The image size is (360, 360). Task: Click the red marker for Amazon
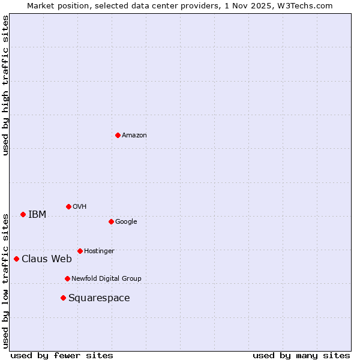[118, 135]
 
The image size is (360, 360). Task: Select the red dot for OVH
[68, 206]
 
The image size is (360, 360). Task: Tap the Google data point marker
[111, 221]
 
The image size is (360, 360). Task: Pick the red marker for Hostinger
[80, 251]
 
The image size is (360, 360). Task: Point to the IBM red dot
[23, 214]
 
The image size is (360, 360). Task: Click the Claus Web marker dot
[16, 259]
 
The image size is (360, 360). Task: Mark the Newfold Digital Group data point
[67, 278]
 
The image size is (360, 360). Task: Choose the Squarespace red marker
[63, 298]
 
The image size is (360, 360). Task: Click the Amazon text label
[134, 136]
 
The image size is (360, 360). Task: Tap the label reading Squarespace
[99, 298]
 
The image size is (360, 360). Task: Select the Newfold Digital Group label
[106, 278]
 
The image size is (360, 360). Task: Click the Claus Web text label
[47, 259]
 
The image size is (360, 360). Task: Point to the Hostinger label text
[99, 251]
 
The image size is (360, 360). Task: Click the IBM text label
[37, 215]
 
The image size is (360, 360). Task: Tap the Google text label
[126, 222]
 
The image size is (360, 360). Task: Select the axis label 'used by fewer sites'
[62, 355]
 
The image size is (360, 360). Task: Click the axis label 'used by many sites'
[301, 355]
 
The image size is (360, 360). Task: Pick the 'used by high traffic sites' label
[5, 85]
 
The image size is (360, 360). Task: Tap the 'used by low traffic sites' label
[5, 280]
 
